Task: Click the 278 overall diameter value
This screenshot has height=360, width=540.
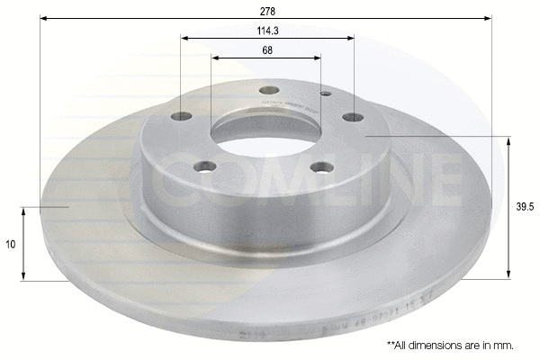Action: point(268,11)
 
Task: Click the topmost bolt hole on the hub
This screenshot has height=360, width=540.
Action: point(268,90)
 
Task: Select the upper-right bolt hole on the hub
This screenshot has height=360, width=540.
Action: point(354,116)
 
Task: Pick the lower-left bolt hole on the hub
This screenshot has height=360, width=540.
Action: point(207,166)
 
